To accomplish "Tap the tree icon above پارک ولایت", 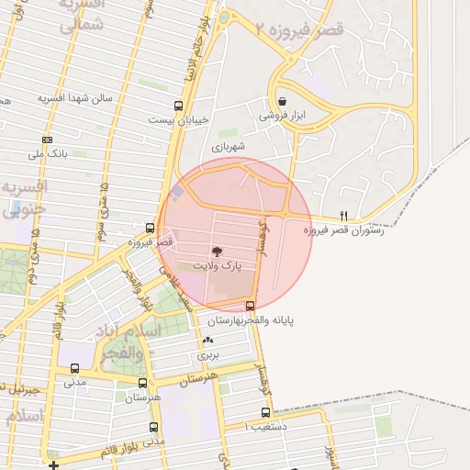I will tap(217, 251).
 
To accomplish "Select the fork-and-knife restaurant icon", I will tap(344, 216).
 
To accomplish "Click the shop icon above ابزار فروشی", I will tap(281, 102).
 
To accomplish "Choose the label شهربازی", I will tap(229, 146).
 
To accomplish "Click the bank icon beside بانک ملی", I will tap(47, 140).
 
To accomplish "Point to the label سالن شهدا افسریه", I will tap(74, 97).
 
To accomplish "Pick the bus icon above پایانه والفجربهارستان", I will tap(251, 306).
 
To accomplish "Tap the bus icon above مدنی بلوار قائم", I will tap(152, 426).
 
